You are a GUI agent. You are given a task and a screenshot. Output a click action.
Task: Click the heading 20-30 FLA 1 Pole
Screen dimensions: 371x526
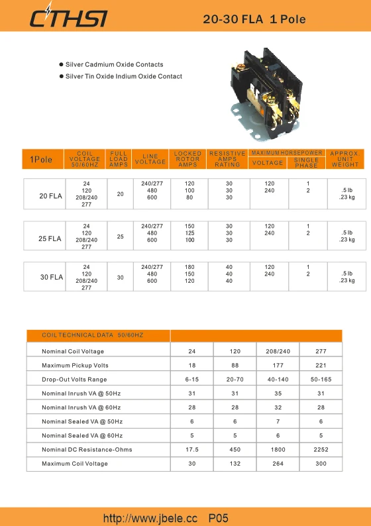(254, 19)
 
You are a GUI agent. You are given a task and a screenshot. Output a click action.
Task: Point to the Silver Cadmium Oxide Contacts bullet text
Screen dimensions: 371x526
(114, 65)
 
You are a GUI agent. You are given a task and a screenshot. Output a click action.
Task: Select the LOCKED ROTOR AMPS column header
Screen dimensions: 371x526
(187, 159)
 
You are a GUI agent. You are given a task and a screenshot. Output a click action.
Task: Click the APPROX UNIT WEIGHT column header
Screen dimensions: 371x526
(344, 159)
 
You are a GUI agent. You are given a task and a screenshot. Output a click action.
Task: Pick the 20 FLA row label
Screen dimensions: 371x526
(50, 196)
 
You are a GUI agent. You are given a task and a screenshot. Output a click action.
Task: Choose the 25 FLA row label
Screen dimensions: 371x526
(50, 238)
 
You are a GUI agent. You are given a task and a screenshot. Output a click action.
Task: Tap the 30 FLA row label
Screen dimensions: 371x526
(52, 278)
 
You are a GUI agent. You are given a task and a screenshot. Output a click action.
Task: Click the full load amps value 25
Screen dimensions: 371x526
(120, 237)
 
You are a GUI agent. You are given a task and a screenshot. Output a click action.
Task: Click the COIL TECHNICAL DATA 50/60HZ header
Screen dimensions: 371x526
(92, 335)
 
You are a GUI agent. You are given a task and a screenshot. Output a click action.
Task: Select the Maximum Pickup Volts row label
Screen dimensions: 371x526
(75, 366)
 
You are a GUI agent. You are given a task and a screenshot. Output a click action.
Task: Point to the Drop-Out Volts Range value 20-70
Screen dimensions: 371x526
(235, 380)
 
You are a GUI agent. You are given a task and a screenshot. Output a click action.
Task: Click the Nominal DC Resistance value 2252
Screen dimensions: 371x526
(321, 450)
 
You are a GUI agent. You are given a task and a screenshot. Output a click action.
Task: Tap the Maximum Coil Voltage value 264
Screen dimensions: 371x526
(278, 464)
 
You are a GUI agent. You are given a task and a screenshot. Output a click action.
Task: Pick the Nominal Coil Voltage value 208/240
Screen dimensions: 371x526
(278, 351)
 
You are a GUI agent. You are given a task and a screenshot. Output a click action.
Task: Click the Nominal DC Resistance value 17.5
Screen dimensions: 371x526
(191, 450)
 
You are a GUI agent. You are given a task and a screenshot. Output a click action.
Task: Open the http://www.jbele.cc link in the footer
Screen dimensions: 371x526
(150, 517)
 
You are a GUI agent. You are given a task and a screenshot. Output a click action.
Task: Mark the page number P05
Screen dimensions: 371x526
(219, 517)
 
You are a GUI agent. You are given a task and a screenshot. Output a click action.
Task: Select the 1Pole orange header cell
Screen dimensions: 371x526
(41, 160)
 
